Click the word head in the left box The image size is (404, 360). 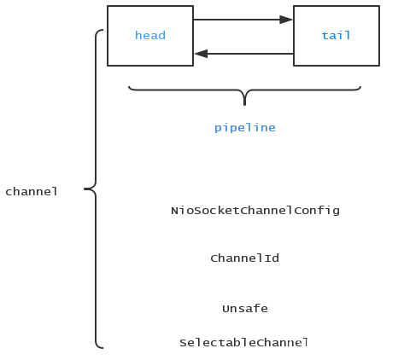[x=149, y=36]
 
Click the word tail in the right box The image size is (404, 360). [x=336, y=36]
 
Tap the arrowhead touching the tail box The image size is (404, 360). [x=287, y=19]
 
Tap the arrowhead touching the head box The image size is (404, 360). [x=200, y=54]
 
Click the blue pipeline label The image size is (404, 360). [x=244, y=127]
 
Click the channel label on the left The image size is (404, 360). [x=32, y=191]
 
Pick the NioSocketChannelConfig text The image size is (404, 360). [x=255, y=210]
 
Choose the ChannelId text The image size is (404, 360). [x=244, y=258]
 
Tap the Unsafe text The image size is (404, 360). [x=245, y=308]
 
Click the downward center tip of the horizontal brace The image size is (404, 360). [x=245, y=102]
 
